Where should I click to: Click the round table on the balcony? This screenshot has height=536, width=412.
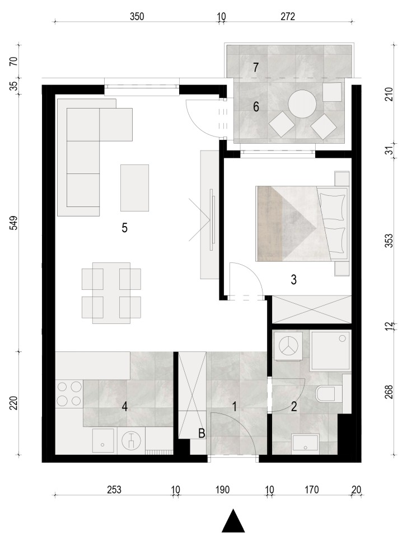(x=302, y=104)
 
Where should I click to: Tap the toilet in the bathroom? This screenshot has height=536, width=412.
(x=329, y=394)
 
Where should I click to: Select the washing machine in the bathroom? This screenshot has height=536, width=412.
(x=288, y=346)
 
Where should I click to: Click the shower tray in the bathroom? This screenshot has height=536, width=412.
(x=330, y=351)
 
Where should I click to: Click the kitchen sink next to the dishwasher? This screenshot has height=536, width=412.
(x=103, y=441)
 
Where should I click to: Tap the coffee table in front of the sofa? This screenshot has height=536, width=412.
(x=134, y=187)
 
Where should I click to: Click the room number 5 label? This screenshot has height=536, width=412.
(x=124, y=228)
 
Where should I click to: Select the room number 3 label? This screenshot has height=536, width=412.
(x=294, y=280)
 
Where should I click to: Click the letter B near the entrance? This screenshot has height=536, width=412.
(x=202, y=434)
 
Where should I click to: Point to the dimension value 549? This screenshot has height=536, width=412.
(x=13, y=223)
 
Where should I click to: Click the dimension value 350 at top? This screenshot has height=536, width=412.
(x=137, y=16)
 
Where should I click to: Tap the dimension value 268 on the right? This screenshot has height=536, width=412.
(x=389, y=392)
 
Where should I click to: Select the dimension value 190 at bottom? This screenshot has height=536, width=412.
(x=222, y=490)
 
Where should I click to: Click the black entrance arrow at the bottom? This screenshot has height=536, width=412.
(x=233, y=521)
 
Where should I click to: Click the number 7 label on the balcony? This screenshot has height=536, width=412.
(x=256, y=67)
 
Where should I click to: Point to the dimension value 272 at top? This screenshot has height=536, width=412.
(x=288, y=16)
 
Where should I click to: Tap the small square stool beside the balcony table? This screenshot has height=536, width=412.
(x=332, y=92)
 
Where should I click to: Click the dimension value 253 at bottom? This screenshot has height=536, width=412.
(x=114, y=490)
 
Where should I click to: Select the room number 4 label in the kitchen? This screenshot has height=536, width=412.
(x=125, y=407)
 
